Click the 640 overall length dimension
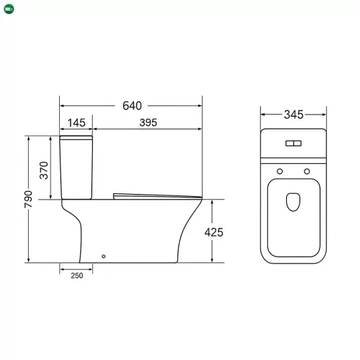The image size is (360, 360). pos(132,105)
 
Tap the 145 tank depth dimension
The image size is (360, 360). pos(77,123)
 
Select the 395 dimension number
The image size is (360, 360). pos(148,122)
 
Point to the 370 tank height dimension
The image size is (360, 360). pos(44,170)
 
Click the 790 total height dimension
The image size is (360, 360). pos(28,199)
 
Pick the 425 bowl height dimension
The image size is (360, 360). pos(214,233)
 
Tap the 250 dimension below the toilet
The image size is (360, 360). pos(77,276)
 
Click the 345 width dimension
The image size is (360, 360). pos(294,115)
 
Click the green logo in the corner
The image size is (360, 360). pos(9,9)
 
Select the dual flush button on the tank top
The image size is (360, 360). pos(293,143)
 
